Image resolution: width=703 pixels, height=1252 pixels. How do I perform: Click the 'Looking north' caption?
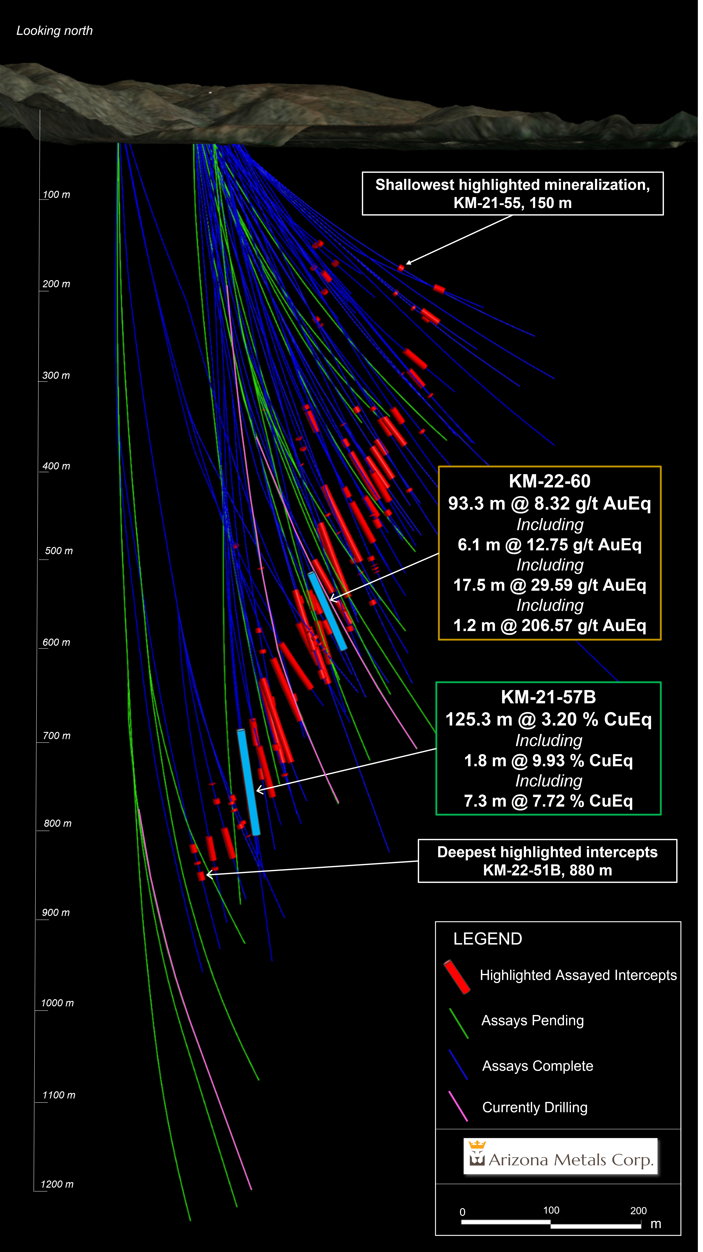point(54,31)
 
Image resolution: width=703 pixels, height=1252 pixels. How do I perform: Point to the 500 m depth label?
point(59,551)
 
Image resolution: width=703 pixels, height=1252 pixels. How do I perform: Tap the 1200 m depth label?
point(57,1184)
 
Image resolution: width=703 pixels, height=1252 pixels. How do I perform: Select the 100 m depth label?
point(56,194)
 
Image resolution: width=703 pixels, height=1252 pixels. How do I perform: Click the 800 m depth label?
point(57,823)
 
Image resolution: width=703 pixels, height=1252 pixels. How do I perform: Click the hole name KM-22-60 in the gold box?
point(549,481)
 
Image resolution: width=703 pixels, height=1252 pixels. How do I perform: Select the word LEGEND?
point(487,938)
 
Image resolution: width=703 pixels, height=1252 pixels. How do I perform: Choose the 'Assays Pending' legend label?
point(532,1020)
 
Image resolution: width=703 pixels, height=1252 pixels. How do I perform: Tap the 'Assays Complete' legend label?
point(537,1066)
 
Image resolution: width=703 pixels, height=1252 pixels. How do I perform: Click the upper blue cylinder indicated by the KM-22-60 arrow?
point(327,611)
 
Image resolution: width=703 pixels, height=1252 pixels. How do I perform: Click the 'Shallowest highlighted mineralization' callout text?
point(513,185)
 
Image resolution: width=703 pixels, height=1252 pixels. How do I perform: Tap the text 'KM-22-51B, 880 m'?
point(547,870)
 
